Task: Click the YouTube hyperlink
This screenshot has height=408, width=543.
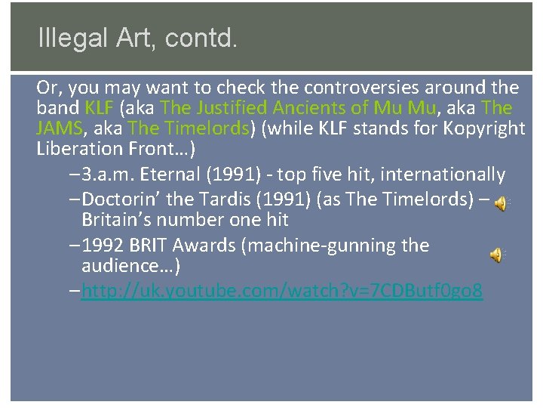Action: click(x=282, y=291)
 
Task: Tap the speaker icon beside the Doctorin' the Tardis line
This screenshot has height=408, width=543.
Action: click(x=500, y=203)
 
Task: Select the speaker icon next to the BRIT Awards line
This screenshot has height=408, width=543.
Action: click(x=496, y=255)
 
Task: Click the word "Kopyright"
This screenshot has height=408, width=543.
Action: click(x=475, y=128)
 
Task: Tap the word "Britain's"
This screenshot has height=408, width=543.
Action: click(x=115, y=221)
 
